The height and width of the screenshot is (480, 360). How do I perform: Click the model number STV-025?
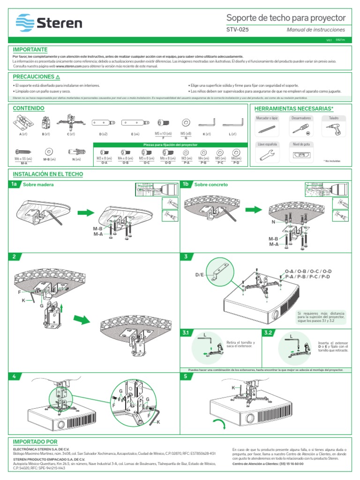[x=238, y=29]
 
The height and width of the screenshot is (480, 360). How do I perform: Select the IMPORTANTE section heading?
[x=30, y=49]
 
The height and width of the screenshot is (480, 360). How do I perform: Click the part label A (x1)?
[x=23, y=134]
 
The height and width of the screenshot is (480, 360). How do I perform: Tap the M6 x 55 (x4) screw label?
[x=23, y=158]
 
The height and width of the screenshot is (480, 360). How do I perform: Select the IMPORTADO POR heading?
[x=35, y=442]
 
